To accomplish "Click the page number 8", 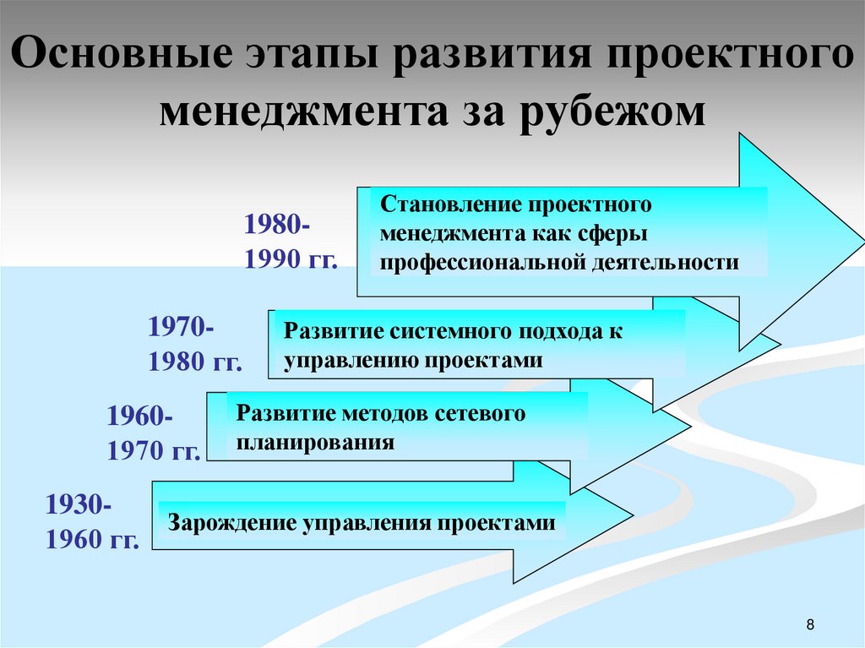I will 811,625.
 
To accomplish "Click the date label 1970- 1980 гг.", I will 195,344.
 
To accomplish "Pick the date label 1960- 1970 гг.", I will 153,433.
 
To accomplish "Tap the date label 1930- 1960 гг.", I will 92,522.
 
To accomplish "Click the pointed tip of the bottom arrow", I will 632,513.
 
